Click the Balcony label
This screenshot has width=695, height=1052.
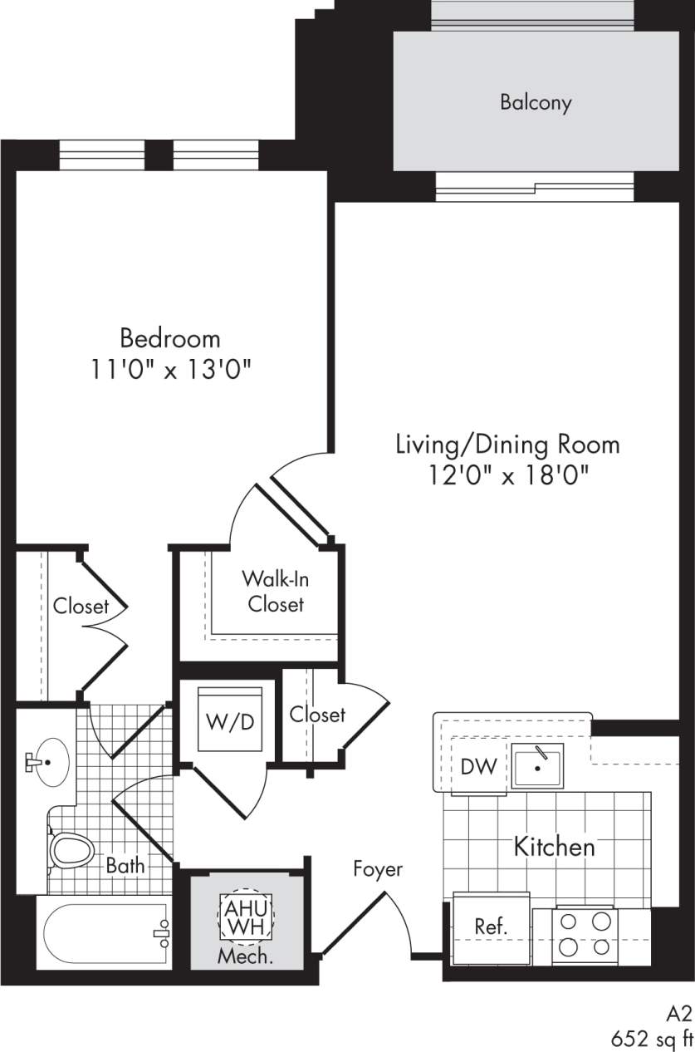[x=536, y=102]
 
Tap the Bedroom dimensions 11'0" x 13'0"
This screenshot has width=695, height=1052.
[x=170, y=369]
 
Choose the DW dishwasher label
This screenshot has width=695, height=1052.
[x=479, y=766]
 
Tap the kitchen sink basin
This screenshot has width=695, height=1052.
[x=537, y=765]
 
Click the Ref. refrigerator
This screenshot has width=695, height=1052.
[x=491, y=927]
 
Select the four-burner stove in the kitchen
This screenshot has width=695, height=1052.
[x=585, y=933]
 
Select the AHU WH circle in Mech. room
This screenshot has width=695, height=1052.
[x=245, y=916]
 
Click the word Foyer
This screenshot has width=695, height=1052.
[x=378, y=869]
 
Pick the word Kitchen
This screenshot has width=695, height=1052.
[x=555, y=847]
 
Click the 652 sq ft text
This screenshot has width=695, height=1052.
[x=651, y=1038]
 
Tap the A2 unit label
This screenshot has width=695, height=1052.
[x=678, y=1013]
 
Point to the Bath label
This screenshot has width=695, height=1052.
[x=125, y=865]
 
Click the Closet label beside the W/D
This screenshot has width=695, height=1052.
[x=317, y=714]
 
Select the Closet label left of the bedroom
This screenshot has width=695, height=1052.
[x=81, y=606]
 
